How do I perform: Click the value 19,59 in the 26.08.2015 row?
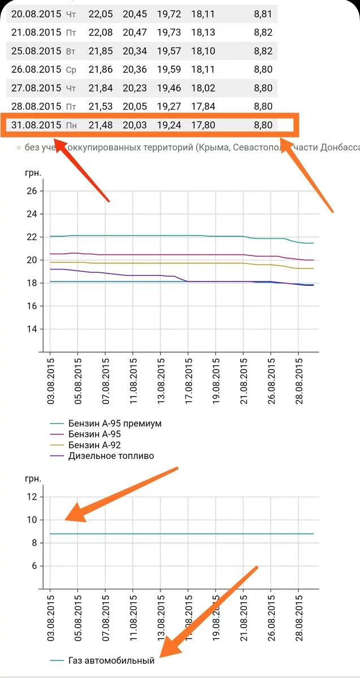169,70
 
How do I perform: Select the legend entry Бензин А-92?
94,445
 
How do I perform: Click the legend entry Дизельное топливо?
111,456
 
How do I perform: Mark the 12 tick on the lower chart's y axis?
31,497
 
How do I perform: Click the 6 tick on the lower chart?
33,566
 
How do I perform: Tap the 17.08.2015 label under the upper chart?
188,379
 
